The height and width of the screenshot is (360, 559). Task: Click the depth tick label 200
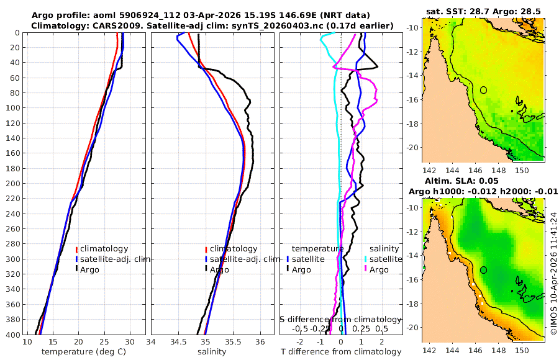[11, 184]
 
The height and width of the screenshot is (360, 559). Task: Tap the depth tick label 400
[11, 335]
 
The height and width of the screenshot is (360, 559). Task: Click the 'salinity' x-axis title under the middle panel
[211, 352]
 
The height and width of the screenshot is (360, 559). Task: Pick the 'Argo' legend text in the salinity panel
[219, 269]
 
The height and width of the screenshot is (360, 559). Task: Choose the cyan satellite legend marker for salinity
[366, 259]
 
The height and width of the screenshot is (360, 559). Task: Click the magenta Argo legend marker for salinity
[366, 269]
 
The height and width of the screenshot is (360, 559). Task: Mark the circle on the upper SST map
[483, 90]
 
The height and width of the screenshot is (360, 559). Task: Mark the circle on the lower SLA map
[483, 270]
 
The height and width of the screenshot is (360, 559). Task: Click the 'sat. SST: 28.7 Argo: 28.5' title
[484, 12]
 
